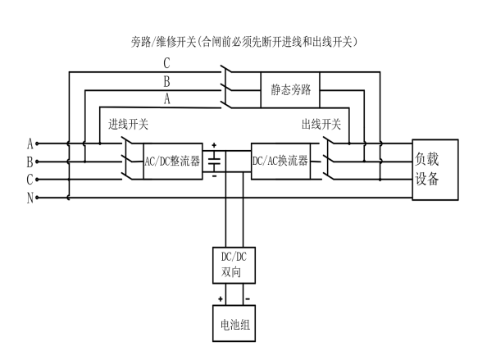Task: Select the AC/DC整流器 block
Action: (172, 160)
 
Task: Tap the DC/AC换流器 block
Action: (280, 160)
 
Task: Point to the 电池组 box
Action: (230, 324)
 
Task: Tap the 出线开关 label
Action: (321, 125)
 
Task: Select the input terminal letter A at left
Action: (30, 144)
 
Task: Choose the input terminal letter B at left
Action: (30, 161)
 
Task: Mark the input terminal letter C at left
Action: (30, 179)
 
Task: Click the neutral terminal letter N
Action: (30, 197)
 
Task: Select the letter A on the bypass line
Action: (169, 99)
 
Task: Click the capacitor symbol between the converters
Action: (214, 161)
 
